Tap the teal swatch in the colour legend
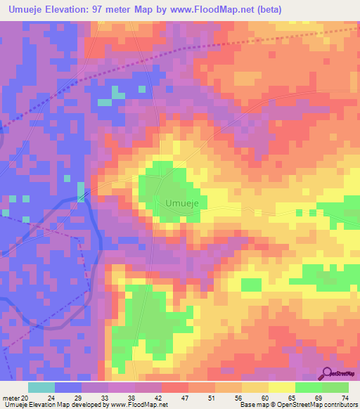pyautogui.click(x=41, y=387)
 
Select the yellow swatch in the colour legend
pyautogui.click(x=281, y=387)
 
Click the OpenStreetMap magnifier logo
pyautogui.click(x=328, y=374)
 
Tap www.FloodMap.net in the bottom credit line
pyautogui.click(x=138, y=404)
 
